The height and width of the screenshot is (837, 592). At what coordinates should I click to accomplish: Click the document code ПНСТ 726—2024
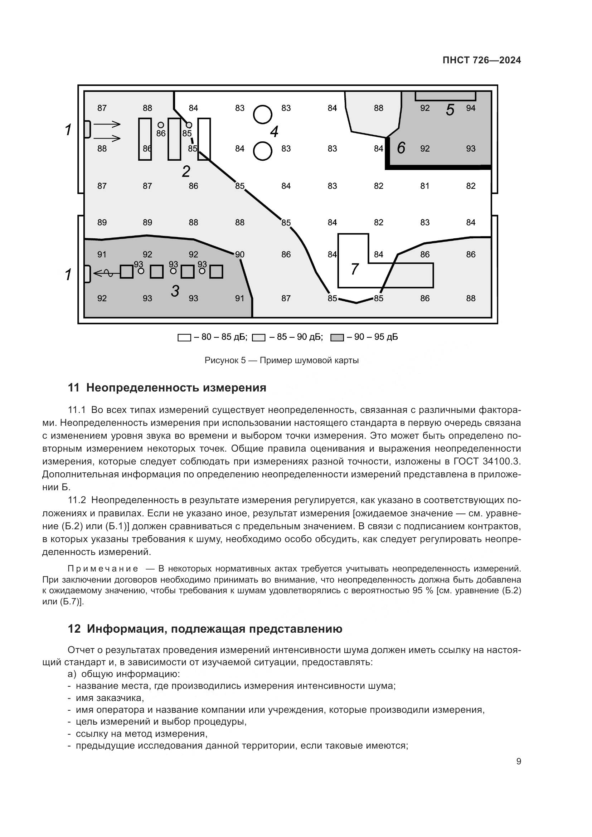[x=481, y=60]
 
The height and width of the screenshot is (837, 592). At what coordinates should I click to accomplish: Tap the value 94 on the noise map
[x=471, y=108]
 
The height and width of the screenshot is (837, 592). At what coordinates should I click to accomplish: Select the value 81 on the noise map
[x=425, y=186]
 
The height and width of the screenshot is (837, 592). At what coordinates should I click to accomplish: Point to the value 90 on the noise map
[x=239, y=254]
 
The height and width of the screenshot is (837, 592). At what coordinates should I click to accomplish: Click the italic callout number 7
[x=354, y=269]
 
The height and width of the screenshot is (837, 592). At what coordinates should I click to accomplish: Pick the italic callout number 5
[x=450, y=110]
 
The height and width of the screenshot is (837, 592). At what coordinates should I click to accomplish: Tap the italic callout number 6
[x=401, y=148]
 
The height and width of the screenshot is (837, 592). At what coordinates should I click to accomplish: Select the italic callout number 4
[x=274, y=132]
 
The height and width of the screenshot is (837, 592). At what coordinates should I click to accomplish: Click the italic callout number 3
[x=175, y=291]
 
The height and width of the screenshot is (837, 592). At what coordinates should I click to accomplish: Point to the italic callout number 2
[x=186, y=171]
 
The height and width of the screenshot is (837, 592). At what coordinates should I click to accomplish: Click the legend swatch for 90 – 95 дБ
[x=337, y=337]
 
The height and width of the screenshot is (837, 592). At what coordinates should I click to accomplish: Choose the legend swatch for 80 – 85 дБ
[x=184, y=337]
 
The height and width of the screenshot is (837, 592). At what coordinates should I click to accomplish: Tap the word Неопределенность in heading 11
[x=143, y=388]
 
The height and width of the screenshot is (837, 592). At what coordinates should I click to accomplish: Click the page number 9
[x=518, y=761]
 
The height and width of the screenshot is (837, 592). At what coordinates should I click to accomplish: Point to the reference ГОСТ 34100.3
[x=487, y=462]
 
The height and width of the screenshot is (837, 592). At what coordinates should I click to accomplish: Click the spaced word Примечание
[x=103, y=569]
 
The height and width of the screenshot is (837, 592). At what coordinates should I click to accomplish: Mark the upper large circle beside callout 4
[x=262, y=115]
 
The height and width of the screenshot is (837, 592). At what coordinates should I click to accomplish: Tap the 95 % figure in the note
[x=423, y=590]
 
